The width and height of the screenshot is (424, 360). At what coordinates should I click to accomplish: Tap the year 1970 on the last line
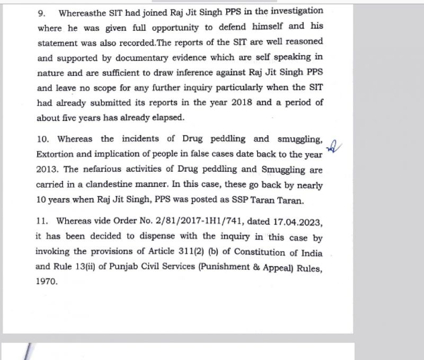pos(46,282)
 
